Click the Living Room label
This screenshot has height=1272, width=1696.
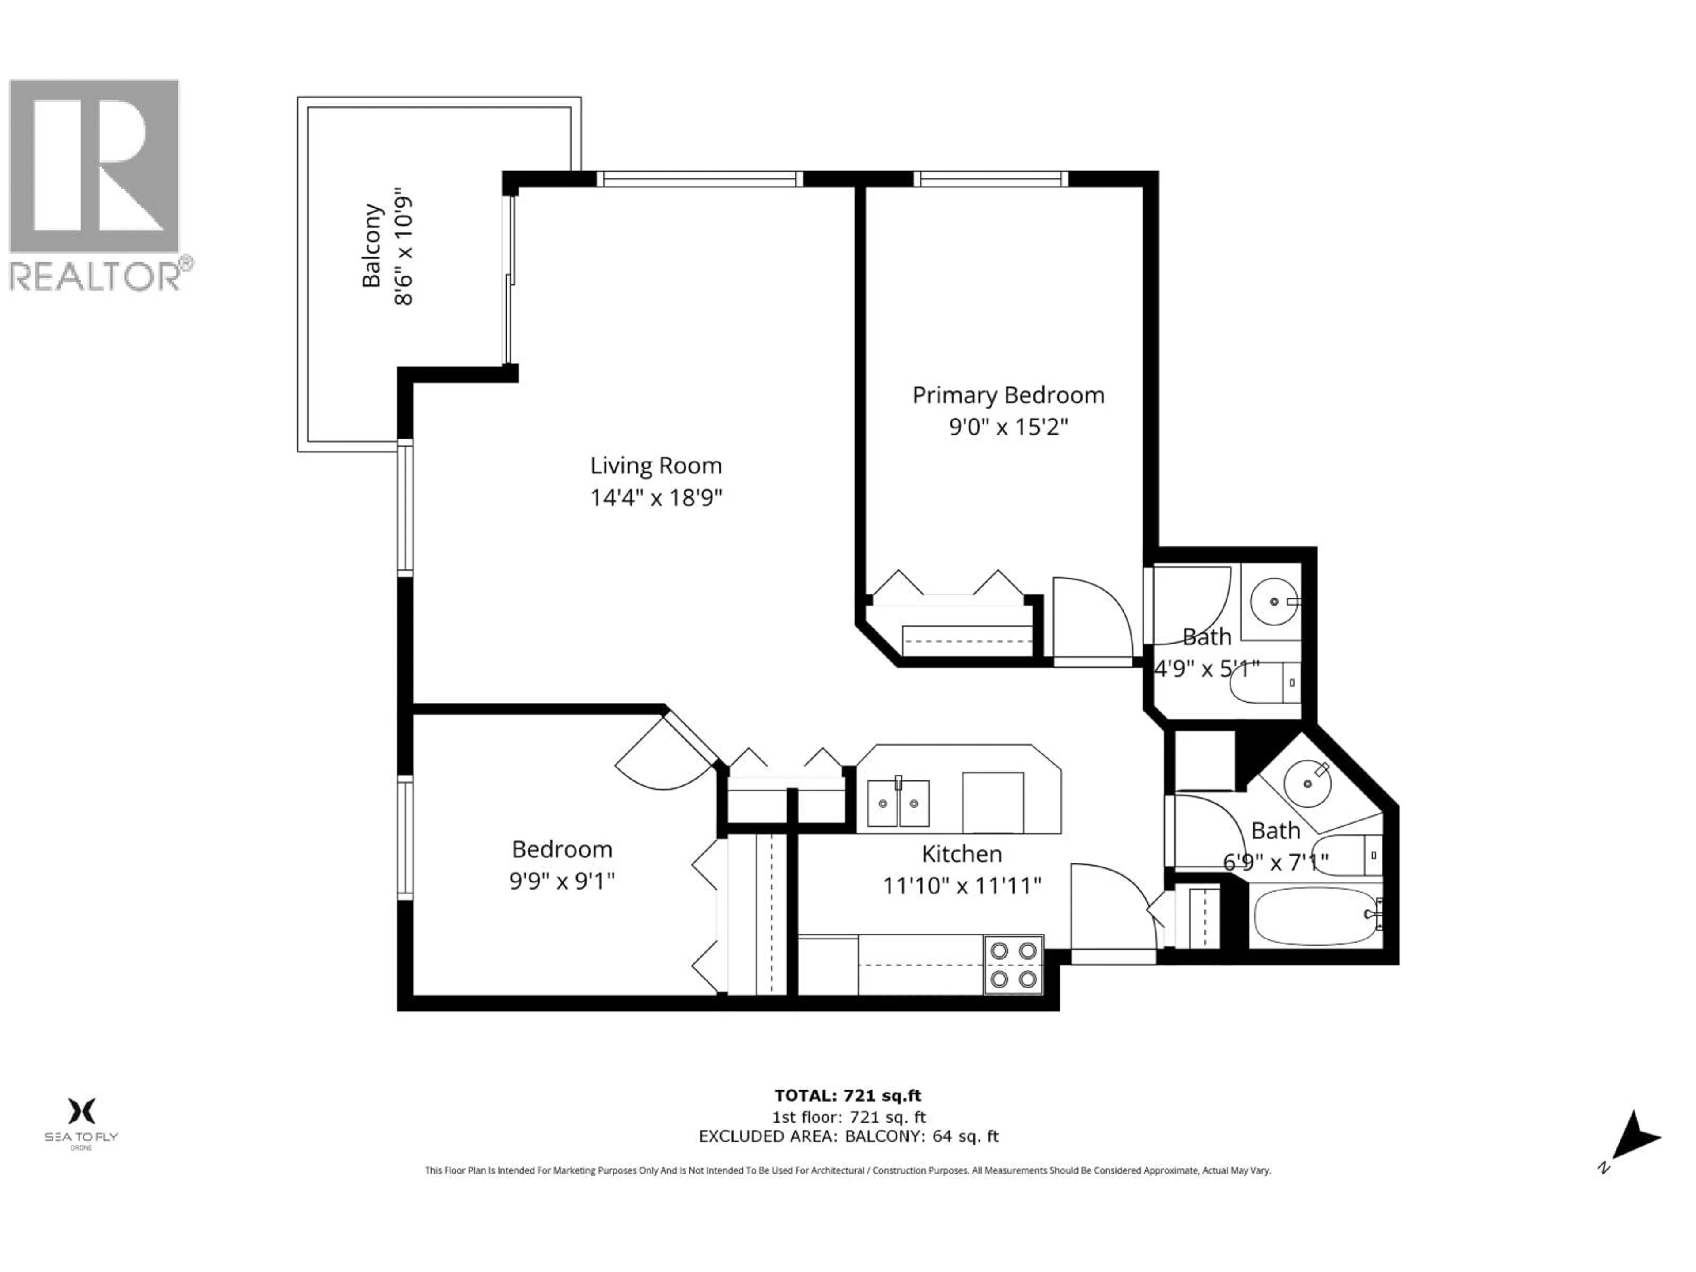click(x=655, y=466)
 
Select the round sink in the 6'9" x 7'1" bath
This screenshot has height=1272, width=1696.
click(x=1307, y=783)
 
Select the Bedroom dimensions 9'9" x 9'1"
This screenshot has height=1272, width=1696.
click(x=562, y=882)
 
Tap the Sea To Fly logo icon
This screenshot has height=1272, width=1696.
click(x=81, y=1110)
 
